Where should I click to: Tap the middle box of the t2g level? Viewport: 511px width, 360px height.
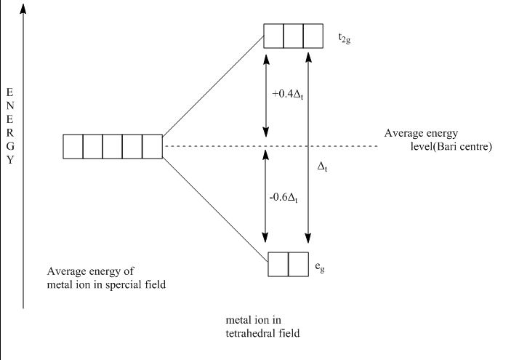tap(293, 37)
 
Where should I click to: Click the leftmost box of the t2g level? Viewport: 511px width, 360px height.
tap(273, 37)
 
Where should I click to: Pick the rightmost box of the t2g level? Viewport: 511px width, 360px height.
tap(313, 37)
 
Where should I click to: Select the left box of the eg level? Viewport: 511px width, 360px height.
tap(279, 263)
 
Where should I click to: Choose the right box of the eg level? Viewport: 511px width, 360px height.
tap(299, 263)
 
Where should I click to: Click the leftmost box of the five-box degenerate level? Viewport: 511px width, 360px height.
tap(73, 146)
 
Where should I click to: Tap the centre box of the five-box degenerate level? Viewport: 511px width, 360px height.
tap(113, 146)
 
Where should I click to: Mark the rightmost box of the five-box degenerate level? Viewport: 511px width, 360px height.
tap(152, 146)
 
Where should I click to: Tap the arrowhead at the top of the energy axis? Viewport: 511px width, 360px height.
tap(23, 7)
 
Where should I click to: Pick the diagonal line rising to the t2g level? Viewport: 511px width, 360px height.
tap(213, 86)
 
